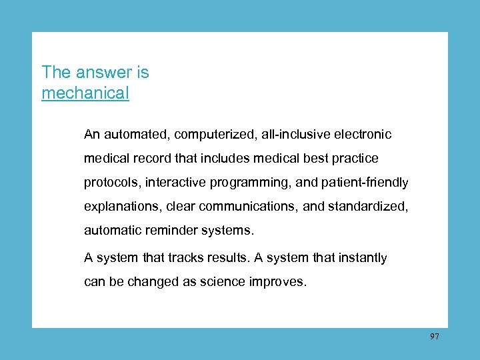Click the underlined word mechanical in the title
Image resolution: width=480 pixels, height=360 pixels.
(x=85, y=93)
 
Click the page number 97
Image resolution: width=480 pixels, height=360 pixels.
(x=435, y=337)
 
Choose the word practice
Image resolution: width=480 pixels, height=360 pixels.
(x=355, y=159)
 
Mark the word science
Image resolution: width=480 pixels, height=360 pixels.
(x=222, y=281)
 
